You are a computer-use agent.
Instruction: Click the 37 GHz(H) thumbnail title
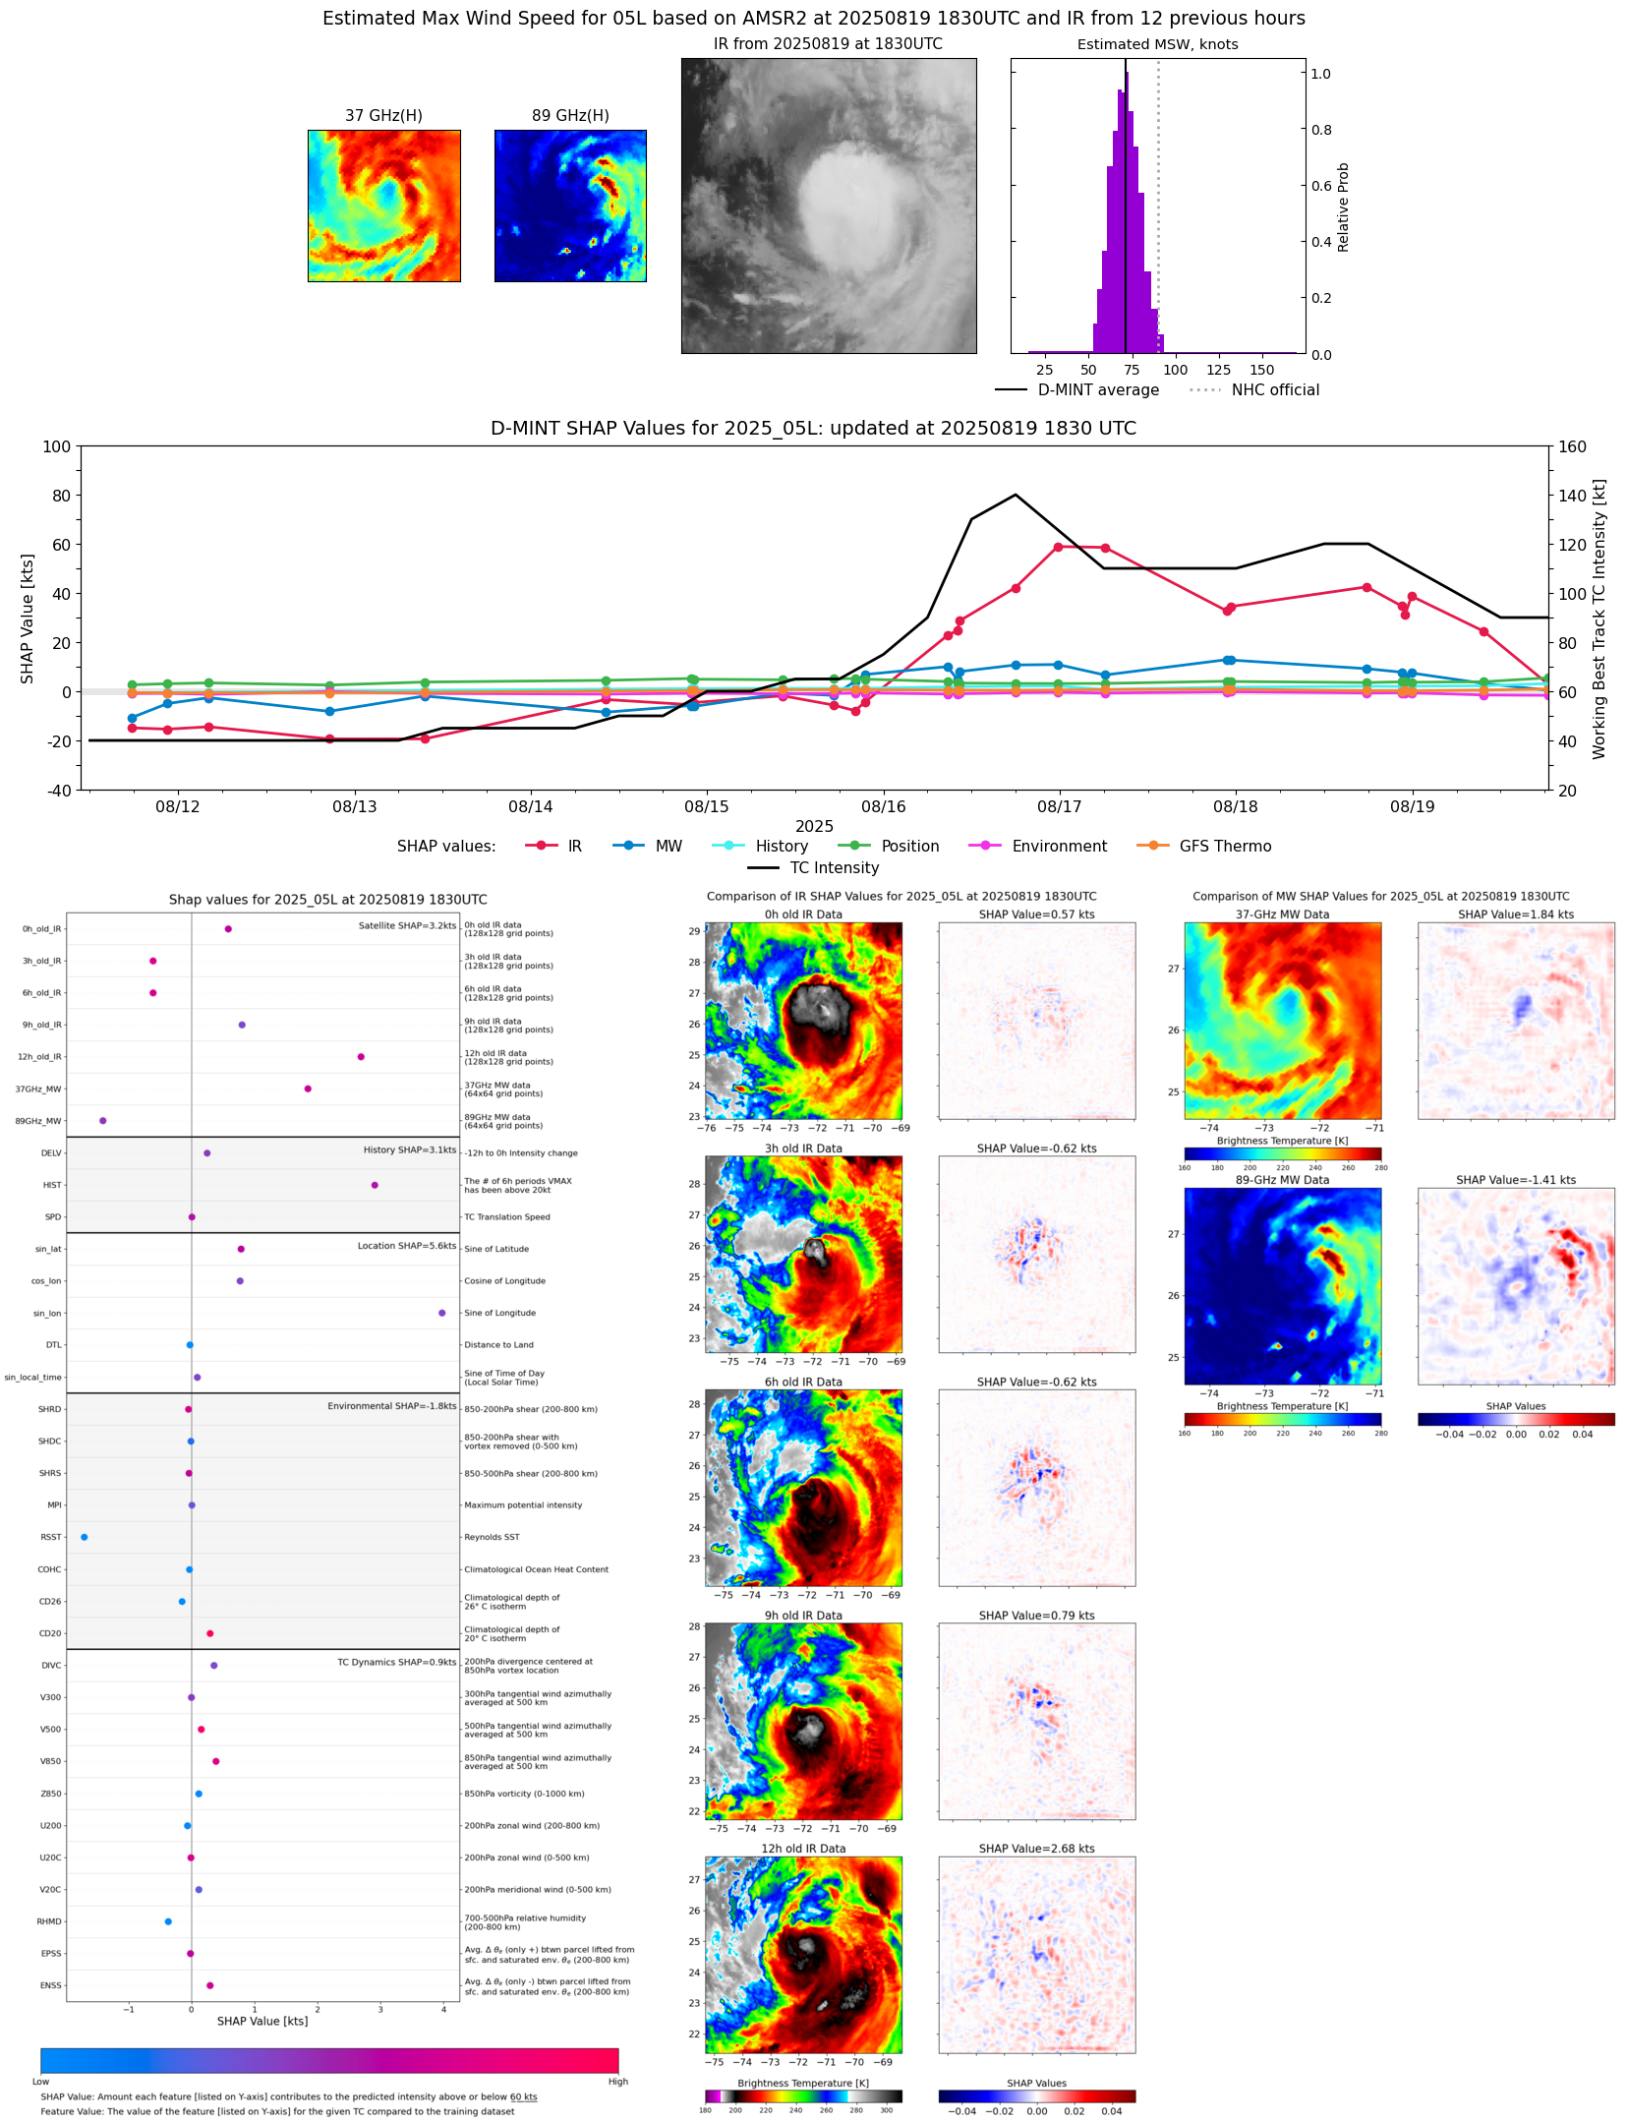[383, 116]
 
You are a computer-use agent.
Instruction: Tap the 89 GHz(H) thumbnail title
[570, 116]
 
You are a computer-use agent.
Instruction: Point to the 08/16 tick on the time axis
[883, 806]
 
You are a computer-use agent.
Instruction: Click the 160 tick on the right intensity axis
[1572, 446]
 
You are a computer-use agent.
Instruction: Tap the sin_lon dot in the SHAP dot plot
[441, 1313]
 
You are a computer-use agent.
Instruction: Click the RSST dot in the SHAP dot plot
[84, 1537]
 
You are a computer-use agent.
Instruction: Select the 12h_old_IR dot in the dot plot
[361, 1057]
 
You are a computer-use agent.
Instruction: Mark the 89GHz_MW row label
[38, 1121]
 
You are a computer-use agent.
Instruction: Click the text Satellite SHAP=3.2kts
[407, 925]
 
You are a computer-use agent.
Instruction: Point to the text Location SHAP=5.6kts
[406, 1246]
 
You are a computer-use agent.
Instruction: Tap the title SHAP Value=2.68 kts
[1036, 1849]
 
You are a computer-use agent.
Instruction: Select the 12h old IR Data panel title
[803, 1849]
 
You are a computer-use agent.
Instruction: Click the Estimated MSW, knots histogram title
[1157, 44]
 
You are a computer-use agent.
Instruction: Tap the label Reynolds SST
[492, 1537]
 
